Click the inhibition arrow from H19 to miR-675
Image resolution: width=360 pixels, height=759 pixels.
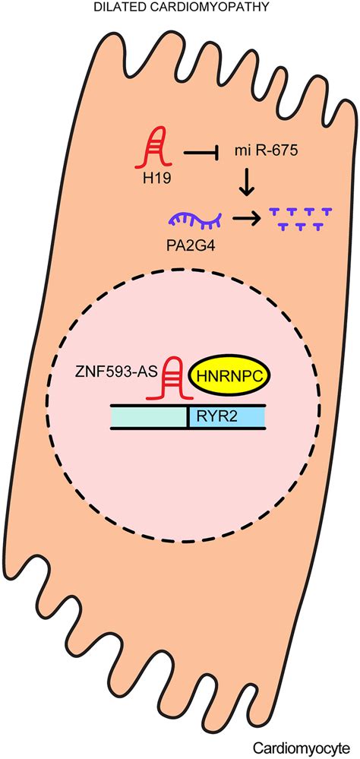click(x=202, y=154)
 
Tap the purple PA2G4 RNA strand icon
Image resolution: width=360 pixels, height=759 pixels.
click(x=194, y=219)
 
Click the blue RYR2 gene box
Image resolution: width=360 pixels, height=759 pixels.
click(x=226, y=416)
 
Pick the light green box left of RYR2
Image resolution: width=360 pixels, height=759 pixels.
click(x=149, y=416)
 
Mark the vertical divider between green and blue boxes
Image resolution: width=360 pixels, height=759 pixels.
click(x=188, y=416)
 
